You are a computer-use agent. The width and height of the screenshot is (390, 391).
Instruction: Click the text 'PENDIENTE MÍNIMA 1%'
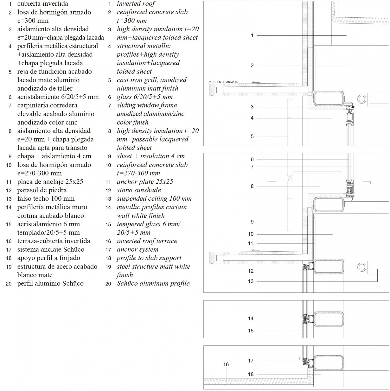(223, 82)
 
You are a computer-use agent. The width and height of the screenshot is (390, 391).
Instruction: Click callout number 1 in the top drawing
(252, 35)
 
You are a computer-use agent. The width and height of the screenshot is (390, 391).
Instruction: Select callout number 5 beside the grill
(252, 136)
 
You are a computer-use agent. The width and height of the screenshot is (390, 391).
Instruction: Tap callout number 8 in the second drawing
(252, 186)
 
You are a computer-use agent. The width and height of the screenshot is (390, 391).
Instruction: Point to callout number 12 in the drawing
(251, 271)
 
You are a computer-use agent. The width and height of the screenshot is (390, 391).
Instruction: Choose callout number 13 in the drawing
(251, 281)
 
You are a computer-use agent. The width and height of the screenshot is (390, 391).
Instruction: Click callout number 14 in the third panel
(251, 318)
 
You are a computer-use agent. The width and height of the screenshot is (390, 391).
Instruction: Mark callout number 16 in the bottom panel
(226, 364)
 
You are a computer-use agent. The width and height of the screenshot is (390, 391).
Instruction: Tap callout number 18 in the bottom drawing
(251, 374)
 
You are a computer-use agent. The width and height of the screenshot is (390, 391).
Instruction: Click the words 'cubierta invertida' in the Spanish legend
(43, 4)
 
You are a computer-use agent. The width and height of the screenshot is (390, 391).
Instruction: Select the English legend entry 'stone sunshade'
(139, 190)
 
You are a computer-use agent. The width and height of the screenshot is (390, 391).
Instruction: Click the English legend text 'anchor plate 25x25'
(145, 182)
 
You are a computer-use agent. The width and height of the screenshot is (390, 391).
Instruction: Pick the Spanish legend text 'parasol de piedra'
(42, 190)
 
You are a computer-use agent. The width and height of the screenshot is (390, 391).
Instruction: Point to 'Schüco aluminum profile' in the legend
(153, 283)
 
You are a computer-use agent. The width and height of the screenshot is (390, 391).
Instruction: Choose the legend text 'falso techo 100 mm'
(46, 199)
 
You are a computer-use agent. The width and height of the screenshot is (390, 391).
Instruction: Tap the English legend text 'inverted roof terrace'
(147, 241)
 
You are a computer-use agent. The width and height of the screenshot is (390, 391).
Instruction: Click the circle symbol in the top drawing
(362, 99)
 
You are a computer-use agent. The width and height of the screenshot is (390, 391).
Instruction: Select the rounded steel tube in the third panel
(328, 319)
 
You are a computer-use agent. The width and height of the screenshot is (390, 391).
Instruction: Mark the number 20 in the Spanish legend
(9, 284)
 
